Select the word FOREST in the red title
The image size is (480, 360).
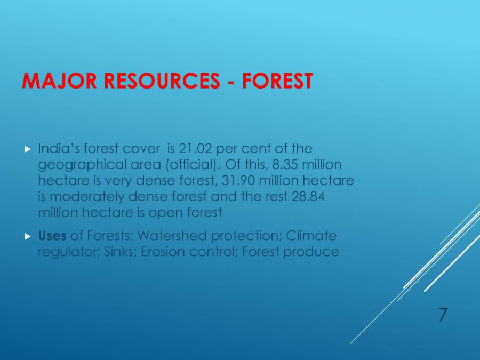(277, 81)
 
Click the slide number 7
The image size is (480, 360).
(443, 315)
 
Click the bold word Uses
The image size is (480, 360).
(52, 236)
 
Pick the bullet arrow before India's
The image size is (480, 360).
(28, 149)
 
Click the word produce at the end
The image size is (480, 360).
(311, 252)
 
